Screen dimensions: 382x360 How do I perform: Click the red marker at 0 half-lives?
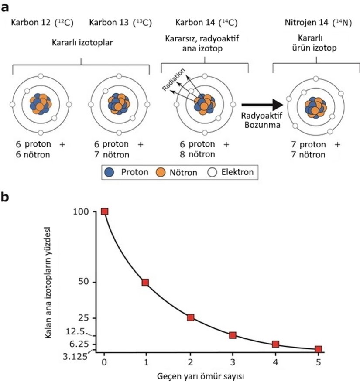pyautogui.click(x=104, y=211)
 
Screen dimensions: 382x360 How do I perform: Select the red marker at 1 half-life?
pyautogui.click(x=146, y=282)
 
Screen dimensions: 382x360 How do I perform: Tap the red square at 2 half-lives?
pyautogui.click(x=190, y=317)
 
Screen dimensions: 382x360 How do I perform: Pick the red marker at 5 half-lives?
pyautogui.click(x=319, y=349)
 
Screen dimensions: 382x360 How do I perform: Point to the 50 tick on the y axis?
pyautogui.click(x=89, y=282)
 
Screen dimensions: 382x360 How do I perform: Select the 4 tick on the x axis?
pyautogui.click(x=275, y=362)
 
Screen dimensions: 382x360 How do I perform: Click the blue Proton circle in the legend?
pyautogui.click(x=110, y=172)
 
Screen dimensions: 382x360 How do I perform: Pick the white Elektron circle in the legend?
pyautogui.click(x=213, y=172)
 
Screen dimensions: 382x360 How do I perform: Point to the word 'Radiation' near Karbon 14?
pyautogui.click(x=174, y=79)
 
